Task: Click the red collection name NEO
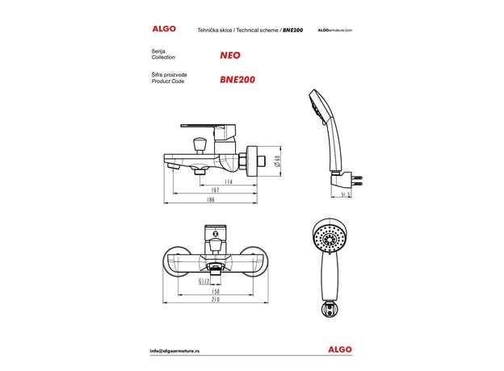(229, 56)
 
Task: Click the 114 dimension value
(229, 182)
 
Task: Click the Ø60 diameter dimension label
(277, 163)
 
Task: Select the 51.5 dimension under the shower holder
(345, 194)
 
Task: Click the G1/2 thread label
(204, 281)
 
